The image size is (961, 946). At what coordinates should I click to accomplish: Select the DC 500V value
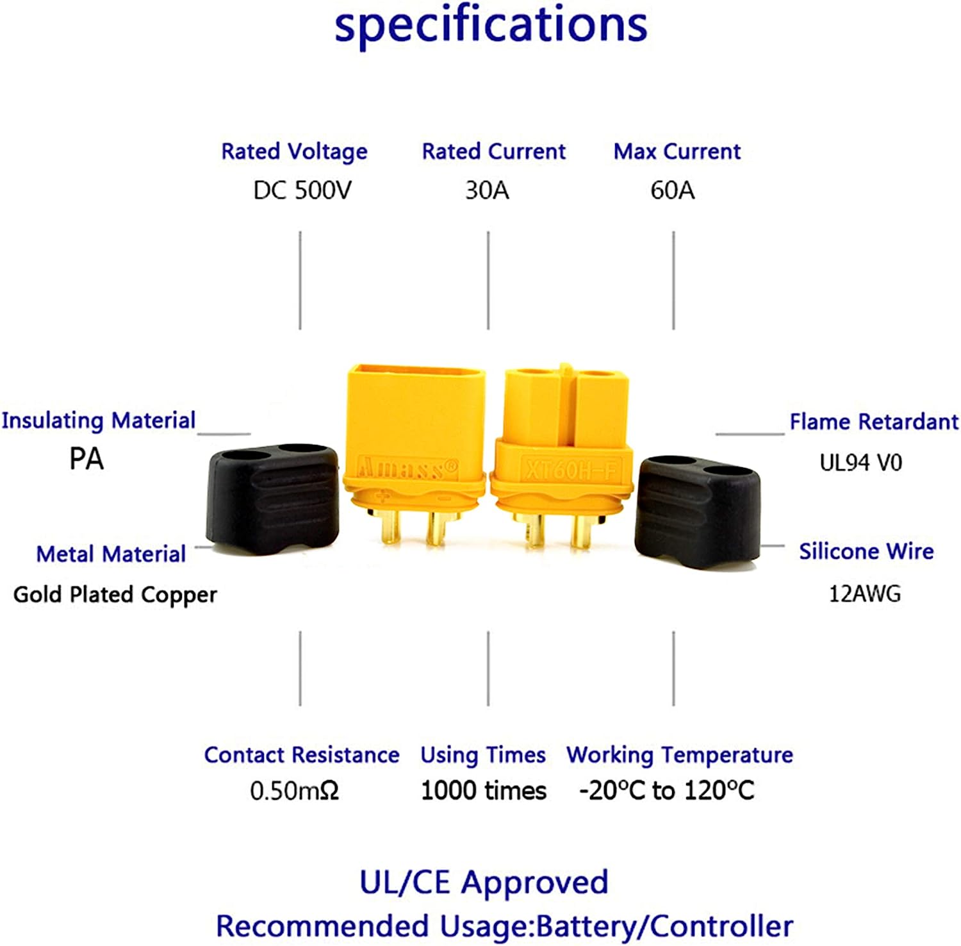pyautogui.click(x=302, y=190)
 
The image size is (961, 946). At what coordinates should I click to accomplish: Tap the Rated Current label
pyautogui.click(x=493, y=152)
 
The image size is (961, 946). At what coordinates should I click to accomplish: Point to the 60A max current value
pyautogui.click(x=672, y=190)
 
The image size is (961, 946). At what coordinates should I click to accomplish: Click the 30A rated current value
pyautogui.click(x=487, y=190)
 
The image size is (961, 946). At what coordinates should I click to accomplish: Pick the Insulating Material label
pyautogui.click(x=98, y=420)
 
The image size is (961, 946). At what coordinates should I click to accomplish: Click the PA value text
pyautogui.click(x=86, y=459)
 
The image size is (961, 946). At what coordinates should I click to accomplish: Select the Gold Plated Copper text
pyautogui.click(x=115, y=595)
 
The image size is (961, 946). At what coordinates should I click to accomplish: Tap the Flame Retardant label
pyautogui.click(x=874, y=422)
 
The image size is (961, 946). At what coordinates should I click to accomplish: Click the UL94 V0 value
pyautogui.click(x=860, y=462)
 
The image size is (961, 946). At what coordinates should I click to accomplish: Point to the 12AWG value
pyautogui.click(x=864, y=594)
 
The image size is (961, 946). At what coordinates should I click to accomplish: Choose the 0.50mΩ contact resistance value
pyautogui.click(x=294, y=791)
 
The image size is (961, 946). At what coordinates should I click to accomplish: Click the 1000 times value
pyautogui.click(x=484, y=791)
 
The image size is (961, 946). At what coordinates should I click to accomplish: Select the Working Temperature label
pyautogui.click(x=680, y=755)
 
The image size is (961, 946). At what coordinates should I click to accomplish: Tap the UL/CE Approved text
pyautogui.click(x=484, y=883)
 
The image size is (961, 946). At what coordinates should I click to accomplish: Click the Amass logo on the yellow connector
pyautogui.click(x=408, y=469)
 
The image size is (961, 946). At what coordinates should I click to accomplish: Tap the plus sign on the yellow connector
pyautogui.click(x=382, y=495)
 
